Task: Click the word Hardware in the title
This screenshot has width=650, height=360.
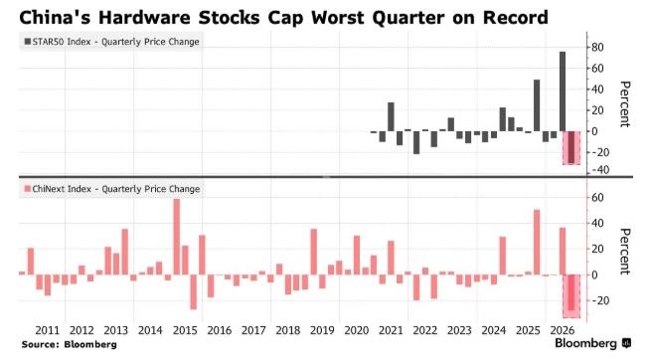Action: (x=143, y=18)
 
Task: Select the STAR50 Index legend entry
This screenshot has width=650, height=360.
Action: (x=111, y=42)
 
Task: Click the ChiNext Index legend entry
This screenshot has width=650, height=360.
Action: (x=112, y=189)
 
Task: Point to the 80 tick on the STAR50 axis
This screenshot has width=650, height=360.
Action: (x=597, y=47)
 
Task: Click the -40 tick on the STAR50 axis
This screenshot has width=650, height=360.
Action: (x=600, y=170)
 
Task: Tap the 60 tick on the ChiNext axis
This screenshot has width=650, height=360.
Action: (x=597, y=198)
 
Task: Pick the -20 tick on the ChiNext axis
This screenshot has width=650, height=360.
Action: (x=600, y=300)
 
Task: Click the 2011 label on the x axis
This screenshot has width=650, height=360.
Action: (x=48, y=330)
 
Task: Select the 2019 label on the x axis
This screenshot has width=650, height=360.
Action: (x=322, y=330)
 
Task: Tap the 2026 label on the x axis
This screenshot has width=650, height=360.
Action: (x=563, y=330)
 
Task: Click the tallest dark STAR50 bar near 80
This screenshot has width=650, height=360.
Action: (x=563, y=91)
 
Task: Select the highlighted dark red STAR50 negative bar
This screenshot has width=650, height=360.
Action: (x=571, y=147)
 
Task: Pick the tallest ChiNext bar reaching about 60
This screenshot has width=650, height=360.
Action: (x=177, y=237)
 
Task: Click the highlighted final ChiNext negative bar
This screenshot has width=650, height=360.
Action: (x=571, y=292)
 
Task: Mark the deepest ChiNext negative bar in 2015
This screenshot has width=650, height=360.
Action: (x=194, y=292)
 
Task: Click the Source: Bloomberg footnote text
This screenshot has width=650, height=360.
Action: (x=70, y=344)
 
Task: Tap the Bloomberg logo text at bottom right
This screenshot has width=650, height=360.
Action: (x=585, y=343)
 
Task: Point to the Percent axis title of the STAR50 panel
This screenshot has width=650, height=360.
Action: (x=624, y=104)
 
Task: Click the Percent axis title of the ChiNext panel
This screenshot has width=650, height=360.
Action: (x=624, y=252)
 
